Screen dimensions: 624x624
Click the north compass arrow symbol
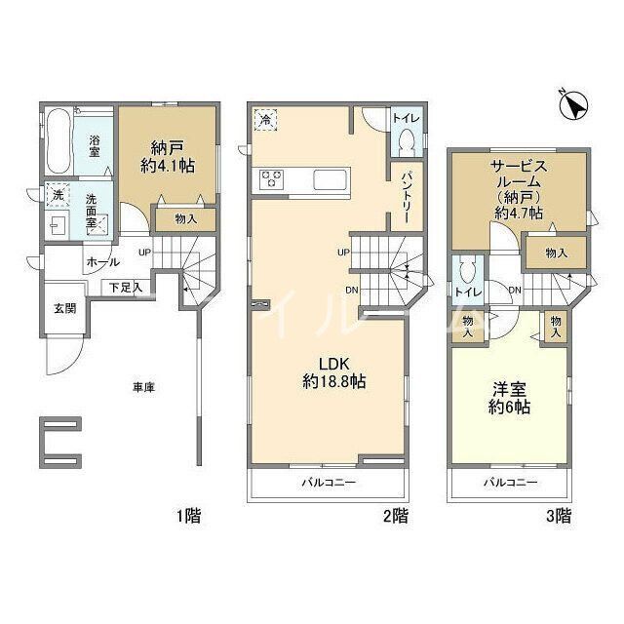pyautogui.click(x=575, y=103)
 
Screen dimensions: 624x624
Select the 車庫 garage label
pyautogui.click(x=144, y=387)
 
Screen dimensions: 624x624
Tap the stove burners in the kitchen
pyautogui.click(x=270, y=178)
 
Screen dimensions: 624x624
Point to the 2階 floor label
pyautogui.click(x=394, y=517)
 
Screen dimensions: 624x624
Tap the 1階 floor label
pyautogui.click(x=188, y=517)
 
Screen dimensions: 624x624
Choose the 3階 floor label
pyautogui.click(x=557, y=517)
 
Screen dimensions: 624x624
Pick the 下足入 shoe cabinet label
pyautogui.click(x=124, y=287)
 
